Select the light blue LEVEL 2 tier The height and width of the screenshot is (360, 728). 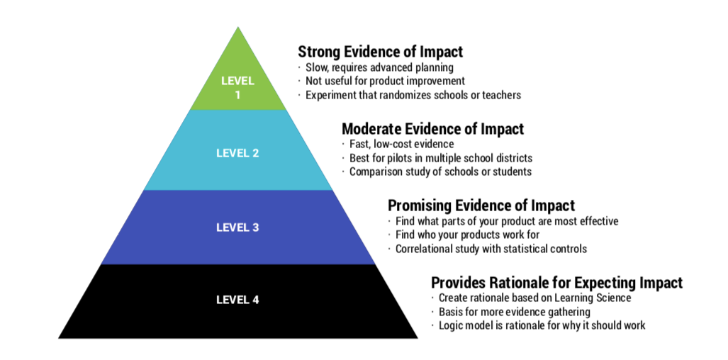(x=237, y=152)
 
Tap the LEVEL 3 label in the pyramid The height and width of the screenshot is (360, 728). (x=237, y=227)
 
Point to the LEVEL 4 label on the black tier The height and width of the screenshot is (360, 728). (x=237, y=299)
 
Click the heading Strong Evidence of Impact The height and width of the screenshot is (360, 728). (x=380, y=52)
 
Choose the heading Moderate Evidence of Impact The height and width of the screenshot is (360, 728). (x=432, y=129)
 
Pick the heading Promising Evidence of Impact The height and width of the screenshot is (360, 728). (x=481, y=206)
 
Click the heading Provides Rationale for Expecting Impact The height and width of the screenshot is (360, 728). (x=556, y=283)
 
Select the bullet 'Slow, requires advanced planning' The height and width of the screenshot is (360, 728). (x=379, y=67)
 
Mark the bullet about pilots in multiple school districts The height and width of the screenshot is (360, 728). (x=440, y=158)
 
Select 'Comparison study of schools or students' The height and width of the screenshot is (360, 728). (x=440, y=171)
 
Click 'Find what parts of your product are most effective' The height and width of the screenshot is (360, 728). (x=506, y=221)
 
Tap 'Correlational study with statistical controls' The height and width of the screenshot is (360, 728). (x=491, y=249)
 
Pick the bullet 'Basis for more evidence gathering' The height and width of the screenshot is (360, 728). (x=514, y=312)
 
